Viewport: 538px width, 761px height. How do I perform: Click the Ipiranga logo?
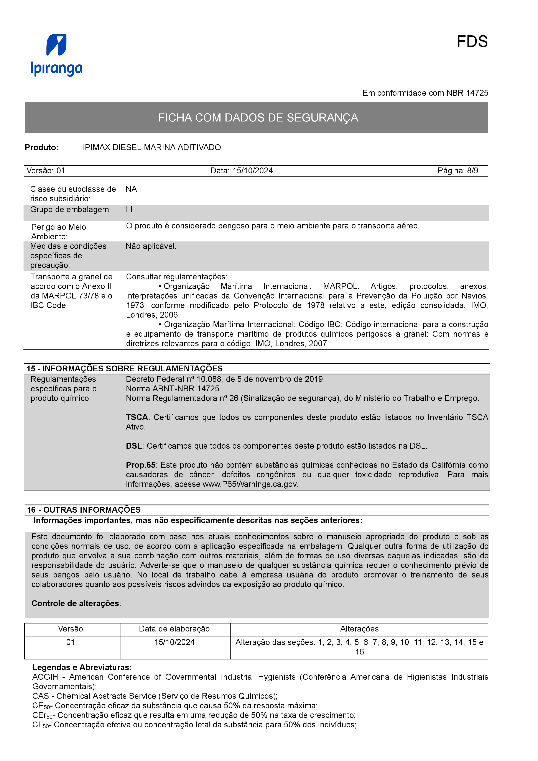pos(56,55)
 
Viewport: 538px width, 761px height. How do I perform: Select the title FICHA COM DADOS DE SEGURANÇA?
pos(258,118)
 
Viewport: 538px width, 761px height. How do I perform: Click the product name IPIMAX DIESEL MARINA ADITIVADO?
pos(152,148)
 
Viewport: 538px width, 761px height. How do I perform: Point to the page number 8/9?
pos(472,171)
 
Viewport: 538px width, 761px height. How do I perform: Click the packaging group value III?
pos(129,210)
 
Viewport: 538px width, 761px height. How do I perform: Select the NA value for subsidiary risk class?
pos(131,189)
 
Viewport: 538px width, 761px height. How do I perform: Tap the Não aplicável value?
pos(151,246)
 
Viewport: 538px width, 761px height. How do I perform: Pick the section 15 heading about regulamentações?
pos(125,369)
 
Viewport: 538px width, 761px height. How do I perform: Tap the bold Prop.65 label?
pos(141,465)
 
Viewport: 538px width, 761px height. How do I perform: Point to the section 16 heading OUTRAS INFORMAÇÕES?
pos(84,510)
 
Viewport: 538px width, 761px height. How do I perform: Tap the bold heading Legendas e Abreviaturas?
pos(82,667)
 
